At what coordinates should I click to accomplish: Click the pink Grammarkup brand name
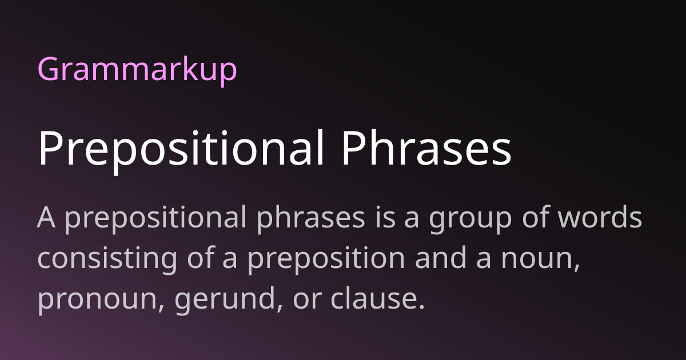pyautogui.click(x=137, y=70)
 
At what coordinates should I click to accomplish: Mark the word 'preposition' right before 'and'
pyautogui.click(x=326, y=261)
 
